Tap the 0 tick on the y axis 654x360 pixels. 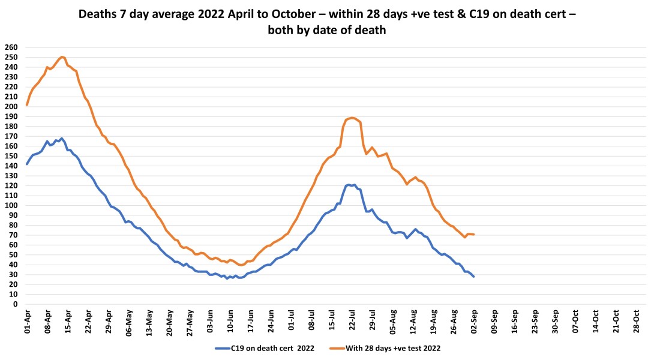(13, 304)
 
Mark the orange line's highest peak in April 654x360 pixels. (62, 56)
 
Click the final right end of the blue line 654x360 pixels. (473, 276)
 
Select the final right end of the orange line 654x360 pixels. (474, 234)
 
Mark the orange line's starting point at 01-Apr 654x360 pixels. (27, 105)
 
